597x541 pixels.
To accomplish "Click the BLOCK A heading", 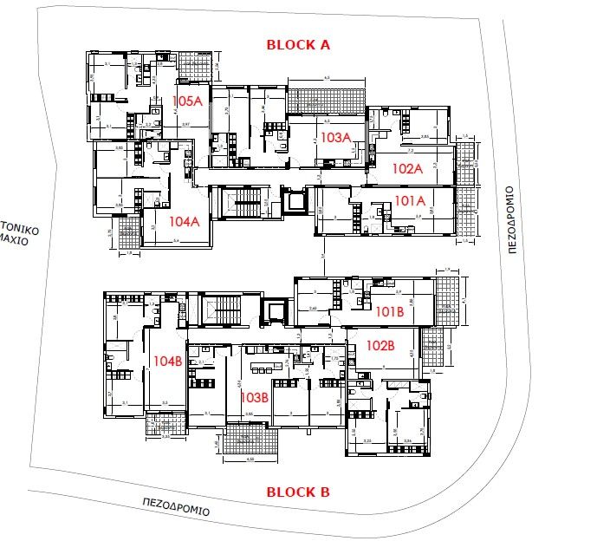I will click(298, 44).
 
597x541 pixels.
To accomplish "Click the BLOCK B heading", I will click(298, 492).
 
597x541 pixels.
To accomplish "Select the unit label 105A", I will click(187, 101).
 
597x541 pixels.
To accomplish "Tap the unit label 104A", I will click(184, 220).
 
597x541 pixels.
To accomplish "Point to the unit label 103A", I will click(334, 137).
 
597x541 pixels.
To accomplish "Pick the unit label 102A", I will click(406, 168).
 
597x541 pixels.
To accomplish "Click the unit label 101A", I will click(410, 201).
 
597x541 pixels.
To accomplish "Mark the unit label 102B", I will click(380, 345).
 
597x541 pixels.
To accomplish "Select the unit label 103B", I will click(254, 396).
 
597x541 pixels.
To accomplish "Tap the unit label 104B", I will click(167, 360).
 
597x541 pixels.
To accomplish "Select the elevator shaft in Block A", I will click(293, 200).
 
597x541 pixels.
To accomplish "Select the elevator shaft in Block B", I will click(276, 311).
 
